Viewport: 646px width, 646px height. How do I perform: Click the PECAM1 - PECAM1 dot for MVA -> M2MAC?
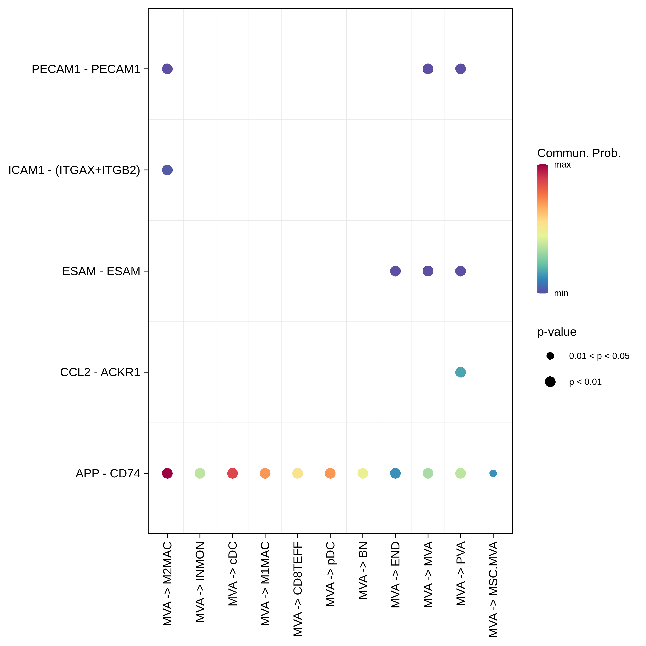tap(167, 69)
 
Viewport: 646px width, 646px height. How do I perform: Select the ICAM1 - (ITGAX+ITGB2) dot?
tap(167, 170)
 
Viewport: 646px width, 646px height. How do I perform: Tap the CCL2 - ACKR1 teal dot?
tap(460, 372)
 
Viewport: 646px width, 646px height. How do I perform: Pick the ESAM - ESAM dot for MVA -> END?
tap(395, 271)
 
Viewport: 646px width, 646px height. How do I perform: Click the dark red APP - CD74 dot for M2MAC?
tap(167, 473)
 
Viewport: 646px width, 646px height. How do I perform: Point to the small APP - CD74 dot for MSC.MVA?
tap(493, 473)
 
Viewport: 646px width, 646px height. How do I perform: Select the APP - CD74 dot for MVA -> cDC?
tap(232, 473)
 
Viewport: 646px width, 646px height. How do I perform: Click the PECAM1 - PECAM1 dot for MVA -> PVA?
tap(460, 69)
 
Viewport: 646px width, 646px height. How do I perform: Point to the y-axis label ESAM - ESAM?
tap(101, 271)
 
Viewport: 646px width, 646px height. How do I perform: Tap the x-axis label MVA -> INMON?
tap(200, 582)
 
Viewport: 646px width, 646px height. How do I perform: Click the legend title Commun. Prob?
tap(578, 153)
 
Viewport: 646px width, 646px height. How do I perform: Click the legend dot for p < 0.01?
tap(550, 382)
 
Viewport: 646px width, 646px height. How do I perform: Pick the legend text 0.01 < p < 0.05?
tap(599, 356)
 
